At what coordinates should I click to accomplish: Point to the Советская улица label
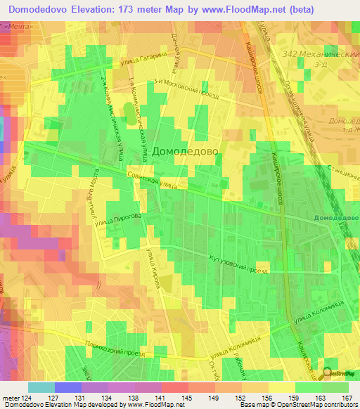pos(152,182)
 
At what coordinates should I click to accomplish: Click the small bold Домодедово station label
pos(336,218)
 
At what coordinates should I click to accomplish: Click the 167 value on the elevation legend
pos(348,398)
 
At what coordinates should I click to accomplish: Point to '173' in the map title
pos(128,8)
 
